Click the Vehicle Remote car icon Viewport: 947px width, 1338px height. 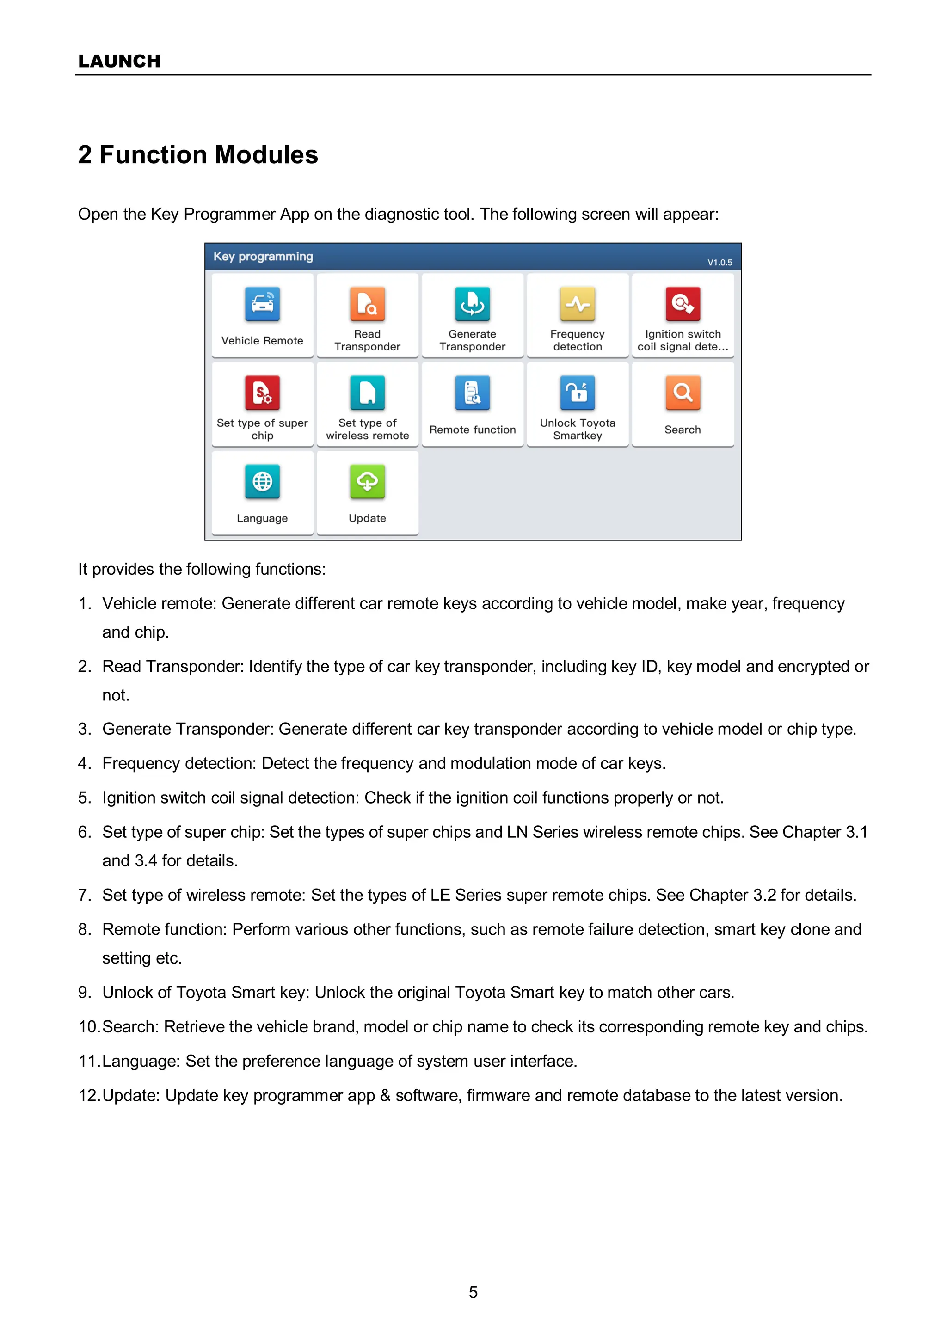tap(262, 304)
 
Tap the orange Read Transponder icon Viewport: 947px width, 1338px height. tap(367, 304)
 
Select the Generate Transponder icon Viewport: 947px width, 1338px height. tap(472, 304)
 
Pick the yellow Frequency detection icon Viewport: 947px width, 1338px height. tap(577, 304)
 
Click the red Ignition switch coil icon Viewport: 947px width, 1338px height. tap(682, 304)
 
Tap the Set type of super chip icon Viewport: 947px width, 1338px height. tap(262, 393)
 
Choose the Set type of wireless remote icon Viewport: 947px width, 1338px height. tap(367, 393)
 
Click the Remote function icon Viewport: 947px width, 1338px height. tap(472, 393)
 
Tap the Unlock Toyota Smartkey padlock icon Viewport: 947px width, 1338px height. tap(577, 393)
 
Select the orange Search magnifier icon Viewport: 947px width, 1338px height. tap(682, 393)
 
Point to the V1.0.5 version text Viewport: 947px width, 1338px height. tap(719, 262)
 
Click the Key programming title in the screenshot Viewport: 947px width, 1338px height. tap(263, 257)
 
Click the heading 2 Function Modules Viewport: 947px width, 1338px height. tap(198, 154)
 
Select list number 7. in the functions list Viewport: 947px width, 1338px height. tap(85, 895)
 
